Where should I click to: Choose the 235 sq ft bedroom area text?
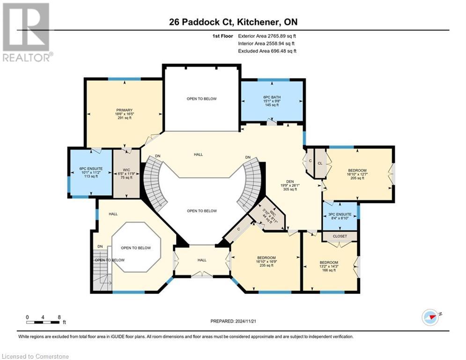pos(266,265)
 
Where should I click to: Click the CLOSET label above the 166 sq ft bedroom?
pos(340,237)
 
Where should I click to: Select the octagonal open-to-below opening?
pos(136,247)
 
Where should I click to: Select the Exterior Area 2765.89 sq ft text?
pos(267,36)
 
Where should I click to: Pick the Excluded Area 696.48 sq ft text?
pos(267,51)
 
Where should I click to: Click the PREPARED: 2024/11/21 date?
pos(233,321)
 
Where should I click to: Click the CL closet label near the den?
pos(320,164)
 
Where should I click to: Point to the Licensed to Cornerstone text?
pos(36,356)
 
